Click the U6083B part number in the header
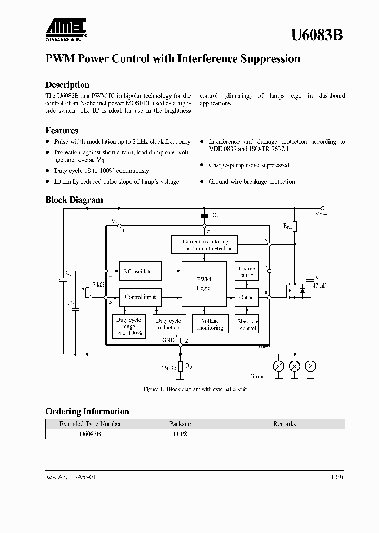(317, 35)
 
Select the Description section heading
(67, 85)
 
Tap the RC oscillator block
(139, 272)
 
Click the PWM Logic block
(204, 283)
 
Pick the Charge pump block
(246, 272)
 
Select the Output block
(246, 297)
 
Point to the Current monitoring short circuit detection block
(207, 244)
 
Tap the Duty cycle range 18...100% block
(128, 327)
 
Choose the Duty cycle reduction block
(168, 324)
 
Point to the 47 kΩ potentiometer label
(97, 284)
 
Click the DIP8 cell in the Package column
(179, 435)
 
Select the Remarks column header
(284, 423)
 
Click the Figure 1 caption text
(195, 389)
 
